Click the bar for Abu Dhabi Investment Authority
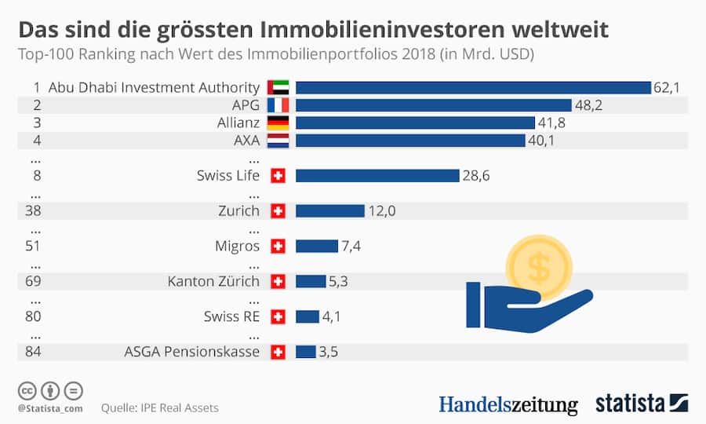(x=473, y=87)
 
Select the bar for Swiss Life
(x=377, y=175)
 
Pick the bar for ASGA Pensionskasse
(x=305, y=352)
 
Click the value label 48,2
(x=588, y=105)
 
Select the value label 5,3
(x=340, y=281)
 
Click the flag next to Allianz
(x=278, y=122)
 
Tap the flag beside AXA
(x=278, y=141)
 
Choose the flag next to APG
(x=278, y=105)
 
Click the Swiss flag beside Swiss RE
(x=277, y=316)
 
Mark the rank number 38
(x=35, y=210)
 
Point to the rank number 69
(x=35, y=281)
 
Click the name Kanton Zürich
(x=213, y=281)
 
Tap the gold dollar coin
(x=539, y=268)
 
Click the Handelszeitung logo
(x=508, y=404)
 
